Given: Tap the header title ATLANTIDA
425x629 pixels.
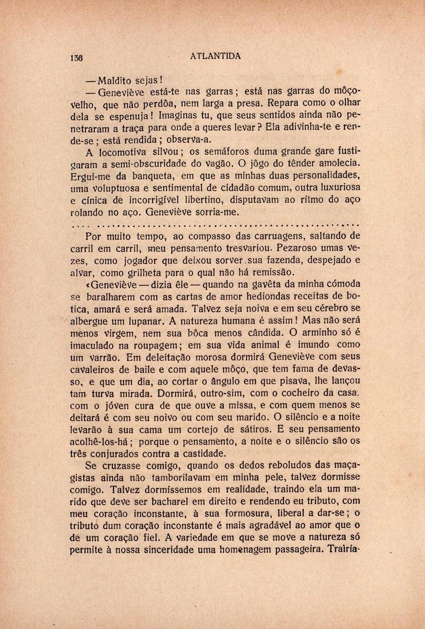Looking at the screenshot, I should (216, 56).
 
